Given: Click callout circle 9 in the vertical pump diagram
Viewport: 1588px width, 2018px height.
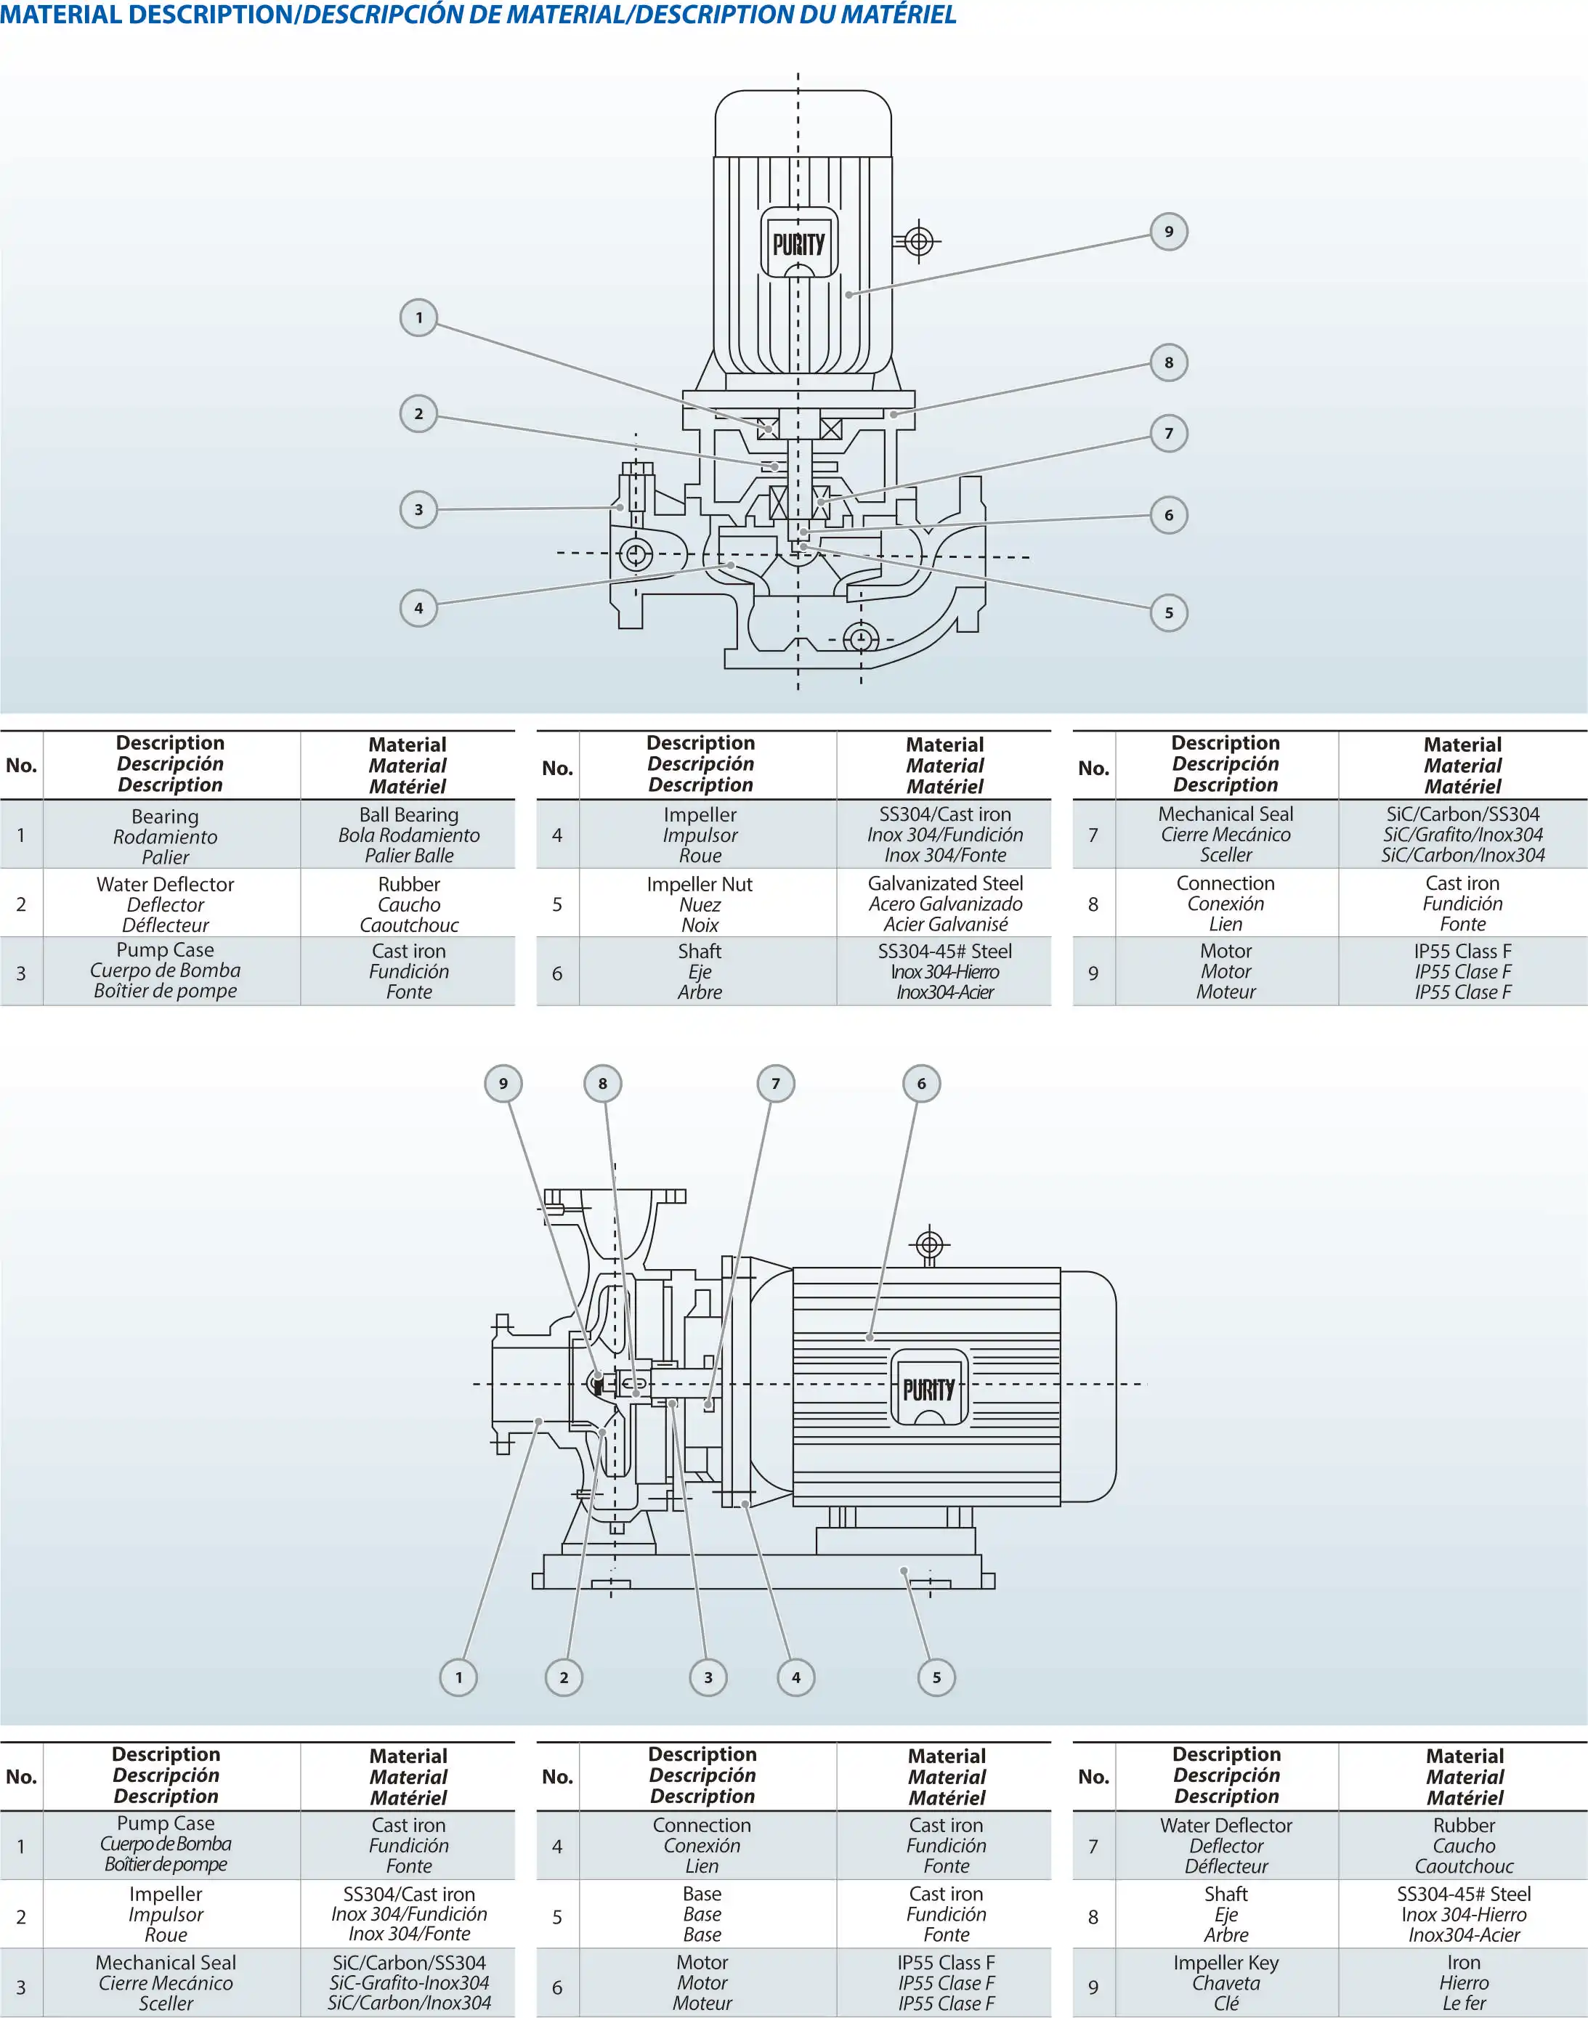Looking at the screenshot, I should tap(1169, 232).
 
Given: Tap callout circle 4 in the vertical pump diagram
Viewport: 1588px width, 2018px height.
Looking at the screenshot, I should tap(418, 608).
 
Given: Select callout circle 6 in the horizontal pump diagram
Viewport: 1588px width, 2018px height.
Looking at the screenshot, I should tap(921, 1083).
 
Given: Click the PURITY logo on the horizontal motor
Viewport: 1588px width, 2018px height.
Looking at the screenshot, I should tap(929, 1390).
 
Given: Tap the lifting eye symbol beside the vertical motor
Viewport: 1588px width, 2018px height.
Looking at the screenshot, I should tap(919, 243).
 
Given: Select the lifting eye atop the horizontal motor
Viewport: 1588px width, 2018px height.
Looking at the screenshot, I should tap(930, 1244).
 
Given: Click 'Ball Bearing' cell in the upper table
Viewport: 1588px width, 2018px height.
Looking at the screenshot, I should tap(408, 834).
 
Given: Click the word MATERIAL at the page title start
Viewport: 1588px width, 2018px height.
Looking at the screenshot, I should tap(60, 15).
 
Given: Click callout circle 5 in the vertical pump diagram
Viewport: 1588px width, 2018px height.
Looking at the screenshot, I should tap(1169, 612).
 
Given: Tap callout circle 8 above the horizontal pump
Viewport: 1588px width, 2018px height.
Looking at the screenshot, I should tap(602, 1083).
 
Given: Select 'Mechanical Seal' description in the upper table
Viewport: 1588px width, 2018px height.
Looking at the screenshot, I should tap(1226, 834).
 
